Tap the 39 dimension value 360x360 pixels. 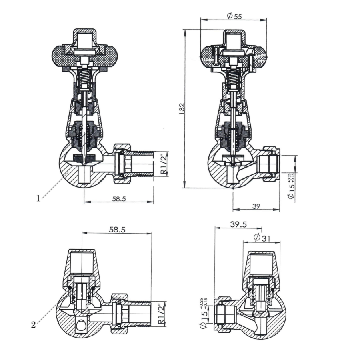256,206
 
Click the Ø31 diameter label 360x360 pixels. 262,238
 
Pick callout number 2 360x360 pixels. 34,324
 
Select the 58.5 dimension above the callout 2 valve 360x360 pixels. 117,230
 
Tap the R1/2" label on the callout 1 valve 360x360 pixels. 163,163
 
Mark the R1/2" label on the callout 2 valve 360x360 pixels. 161,314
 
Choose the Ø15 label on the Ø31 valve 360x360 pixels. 204,316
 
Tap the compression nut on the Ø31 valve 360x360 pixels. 221,314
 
